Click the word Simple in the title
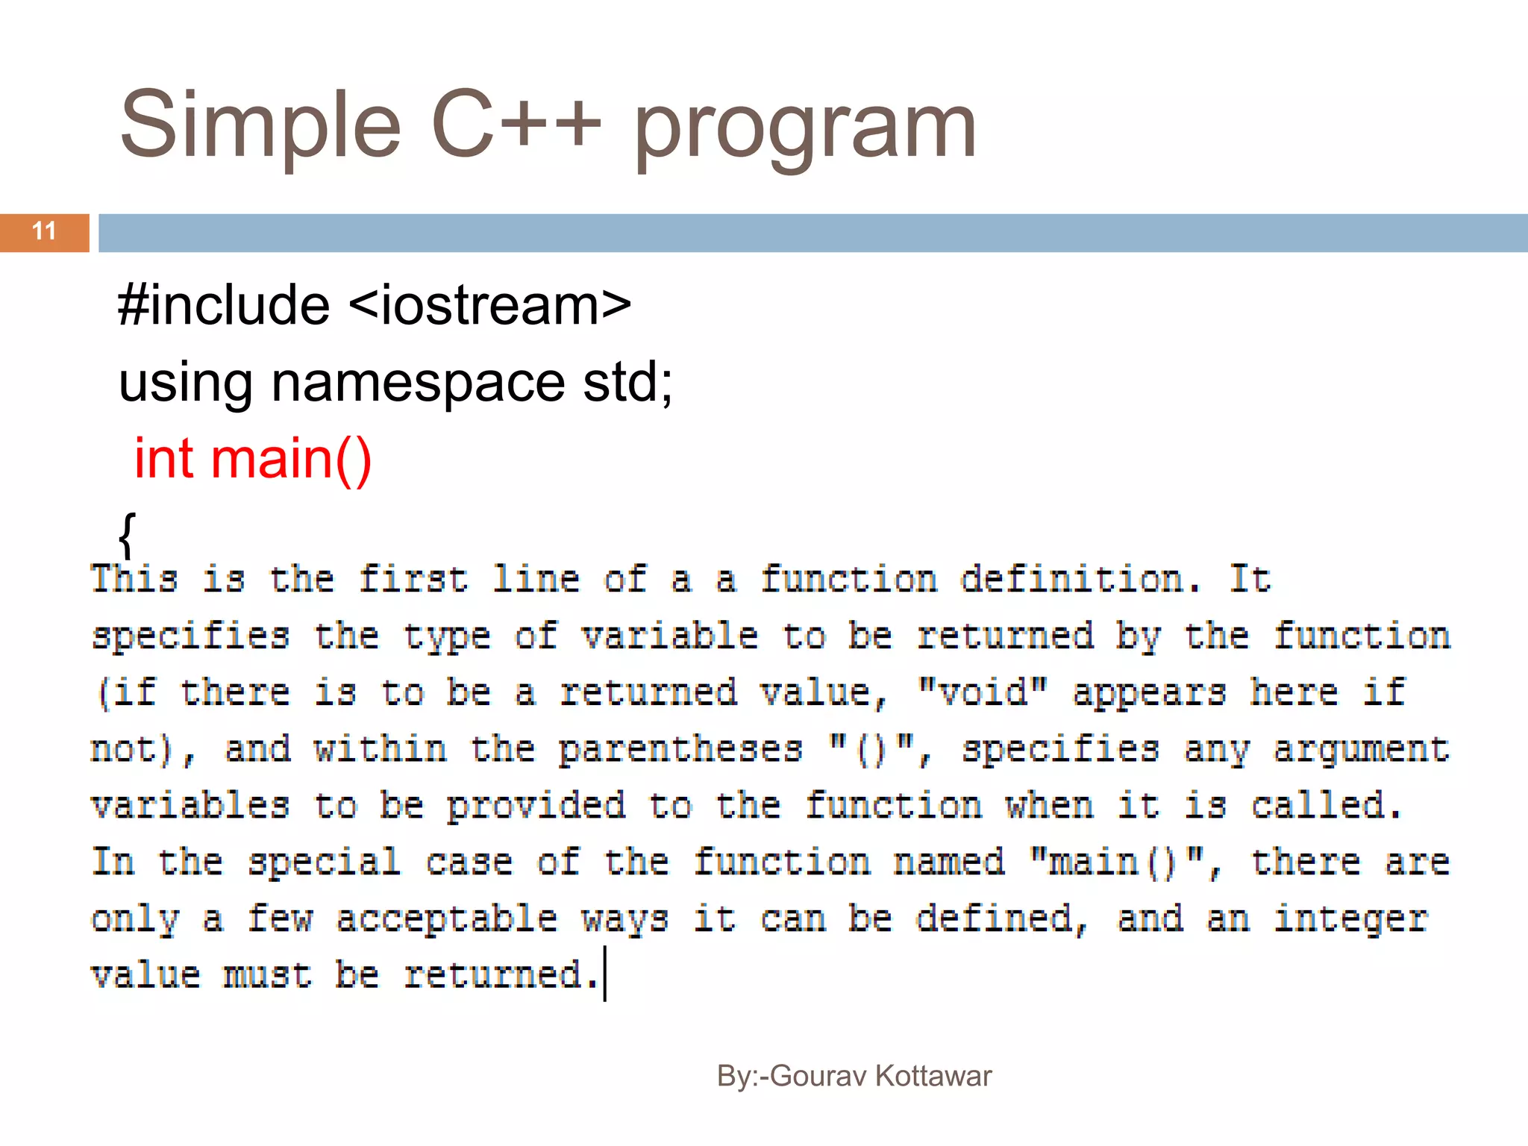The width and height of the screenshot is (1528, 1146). click(260, 125)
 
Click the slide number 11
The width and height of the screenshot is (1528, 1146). click(44, 231)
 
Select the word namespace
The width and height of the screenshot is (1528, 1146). click(418, 382)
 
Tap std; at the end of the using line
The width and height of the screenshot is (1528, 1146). click(627, 382)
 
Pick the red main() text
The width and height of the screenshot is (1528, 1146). click(291, 460)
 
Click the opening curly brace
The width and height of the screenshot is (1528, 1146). click(128, 534)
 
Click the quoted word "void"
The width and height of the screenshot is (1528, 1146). click(983, 692)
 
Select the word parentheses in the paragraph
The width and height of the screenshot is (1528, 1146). click(680, 749)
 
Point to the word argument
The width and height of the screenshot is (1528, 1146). click(1361, 749)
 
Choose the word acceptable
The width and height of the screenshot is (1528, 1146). click(447, 918)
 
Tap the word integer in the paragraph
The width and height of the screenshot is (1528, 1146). click(1350, 918)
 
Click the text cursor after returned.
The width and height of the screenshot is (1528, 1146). click(605, 974)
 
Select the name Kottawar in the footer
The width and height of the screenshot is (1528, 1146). click(933, 1076)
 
